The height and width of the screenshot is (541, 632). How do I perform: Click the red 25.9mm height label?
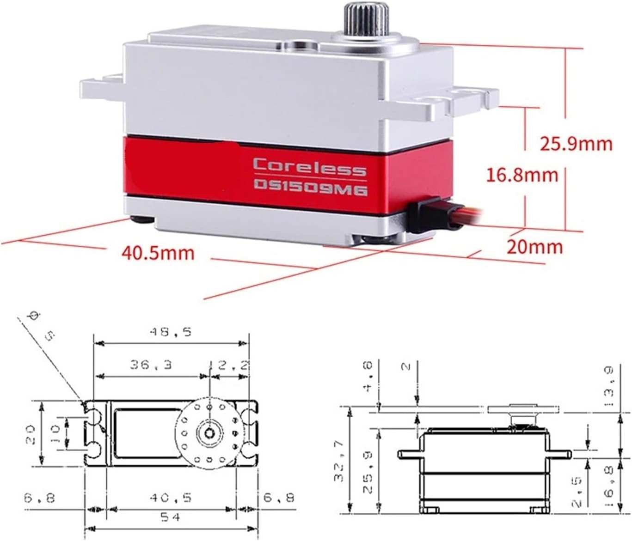pyautogui.click(x=576, y=144)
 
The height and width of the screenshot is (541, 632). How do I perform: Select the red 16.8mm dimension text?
pyautogui.click(x=522, y=175)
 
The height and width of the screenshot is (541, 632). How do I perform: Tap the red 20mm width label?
pyautogui.click(x=534, y=247)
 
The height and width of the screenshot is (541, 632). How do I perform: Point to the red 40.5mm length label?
pyautogui.click(x=158, y=253)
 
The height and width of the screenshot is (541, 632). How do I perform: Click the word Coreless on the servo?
pyautogui.click(x=309, y=167)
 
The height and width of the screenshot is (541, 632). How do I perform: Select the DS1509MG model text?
pyautogui.click(x=310, y=187)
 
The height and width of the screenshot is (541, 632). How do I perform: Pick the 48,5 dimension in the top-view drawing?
pyautogui.click(x=170, y=332)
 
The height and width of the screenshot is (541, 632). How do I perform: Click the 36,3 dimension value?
pyautogui.click(x=151, y=365)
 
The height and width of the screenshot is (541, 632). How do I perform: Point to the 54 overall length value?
pyautogui.click(x=170, y=517)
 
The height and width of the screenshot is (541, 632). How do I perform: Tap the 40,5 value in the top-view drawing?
pyautogui.click(x=170, y=498)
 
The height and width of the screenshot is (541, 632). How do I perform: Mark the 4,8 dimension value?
pyautogui.click(x=368, y=377)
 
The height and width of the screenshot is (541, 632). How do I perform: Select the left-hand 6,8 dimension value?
pyautogui.click(x=40, y=498)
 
